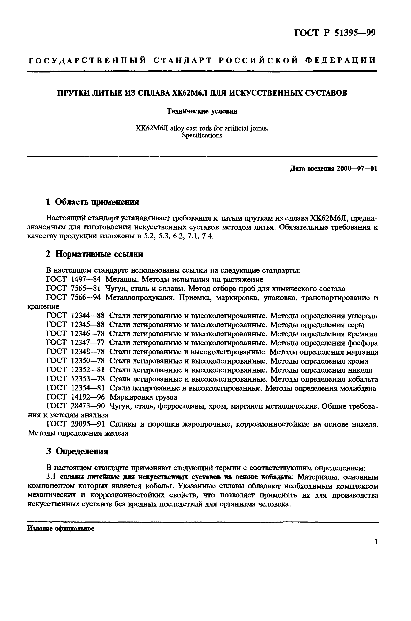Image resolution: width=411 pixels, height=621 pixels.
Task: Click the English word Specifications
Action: (202, 135)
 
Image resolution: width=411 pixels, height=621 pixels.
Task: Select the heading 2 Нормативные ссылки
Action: (94, 254)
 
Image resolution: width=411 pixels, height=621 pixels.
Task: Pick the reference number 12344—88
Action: (88, 316)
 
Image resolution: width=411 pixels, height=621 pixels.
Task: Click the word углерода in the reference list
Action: (362, 316)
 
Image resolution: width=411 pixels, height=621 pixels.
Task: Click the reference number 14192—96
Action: (88, 397)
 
